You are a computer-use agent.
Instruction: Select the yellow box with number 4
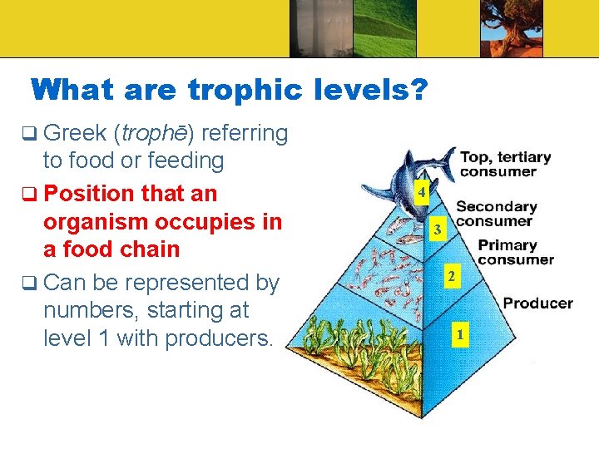(x=423, y=194)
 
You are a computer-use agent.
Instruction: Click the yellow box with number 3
(x=436, y=229)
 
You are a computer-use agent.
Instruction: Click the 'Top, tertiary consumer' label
(x=505, y=164)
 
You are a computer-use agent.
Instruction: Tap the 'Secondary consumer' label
(x=496, y=214)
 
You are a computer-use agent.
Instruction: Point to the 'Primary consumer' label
(x=515, y=253)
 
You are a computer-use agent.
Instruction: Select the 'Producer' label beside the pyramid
(x=537, y=303)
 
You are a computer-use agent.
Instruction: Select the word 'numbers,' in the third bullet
(x=92, y=310)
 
